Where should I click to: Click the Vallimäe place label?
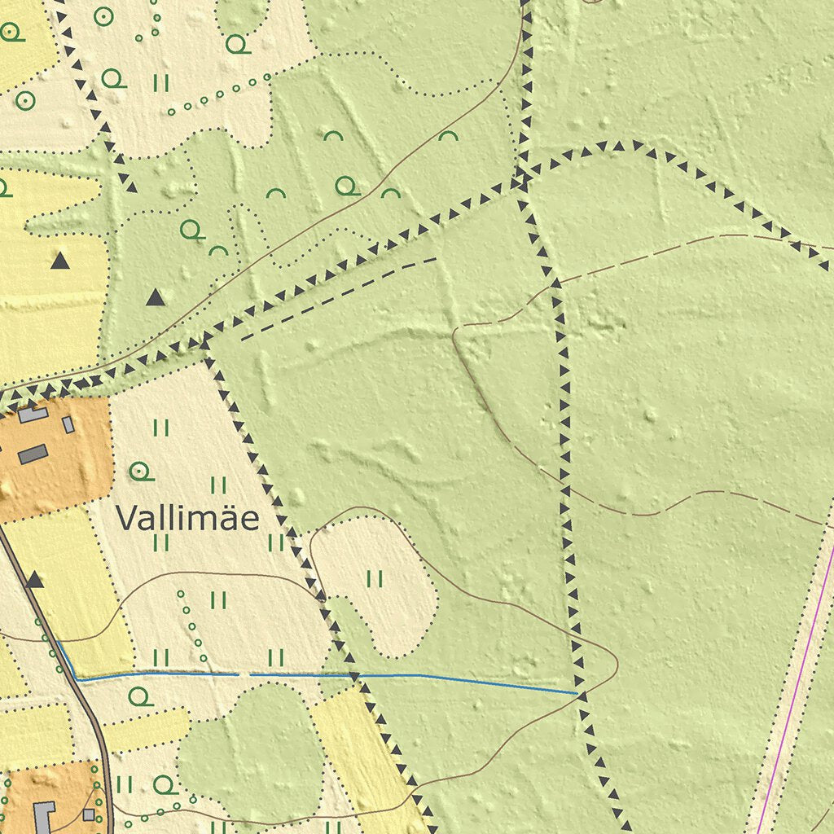click(x=187, y=518)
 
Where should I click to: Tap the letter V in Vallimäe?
click(x=125, y=518)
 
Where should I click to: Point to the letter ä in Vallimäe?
click(x=227, y=518)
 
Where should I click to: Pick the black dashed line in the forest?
click(x=338, y=298)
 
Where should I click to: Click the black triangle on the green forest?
click(x=156, y=298)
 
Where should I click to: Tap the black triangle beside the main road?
click(x=34, y=580)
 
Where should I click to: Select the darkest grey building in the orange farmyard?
click(x=33, y=454)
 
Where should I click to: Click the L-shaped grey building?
click(x=44, y=814)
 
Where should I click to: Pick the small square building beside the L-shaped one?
click(x=88, y=814)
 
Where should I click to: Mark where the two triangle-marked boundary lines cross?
click(x=520, y=180)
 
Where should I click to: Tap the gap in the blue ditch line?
click(x=244, y=675)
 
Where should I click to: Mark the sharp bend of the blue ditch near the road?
click(x=76, y=678)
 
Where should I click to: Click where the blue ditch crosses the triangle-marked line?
click(x=354, y=676)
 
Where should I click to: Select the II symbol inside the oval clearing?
click(x=375, y=578)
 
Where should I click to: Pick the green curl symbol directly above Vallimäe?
click(x=140, y=470)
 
